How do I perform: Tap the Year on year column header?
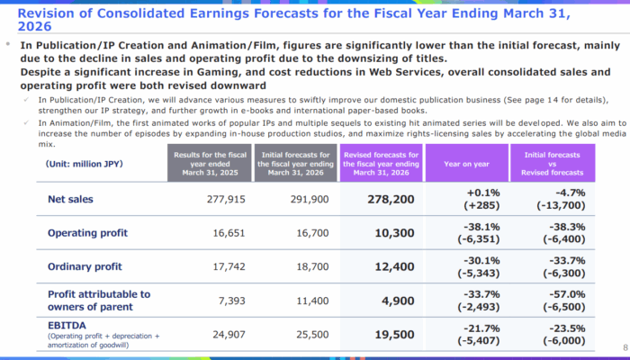(x=466, y=165)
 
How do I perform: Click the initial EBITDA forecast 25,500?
(x=299, y=335)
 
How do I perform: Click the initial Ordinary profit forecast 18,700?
(x=299, y=267)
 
